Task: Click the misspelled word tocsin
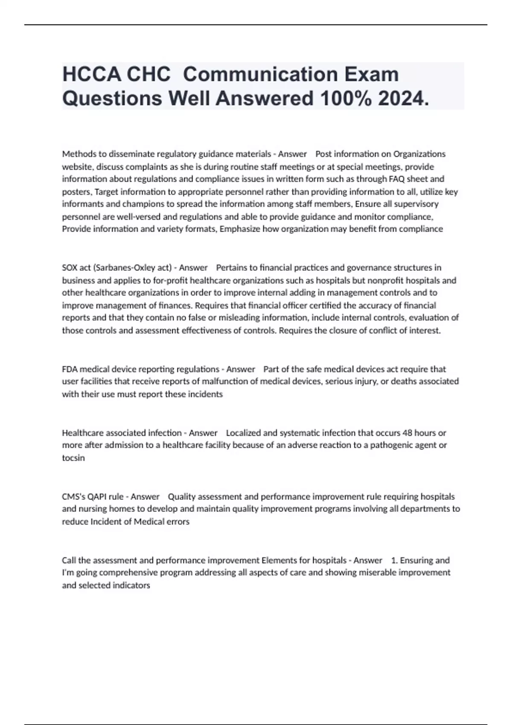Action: coord(73,458)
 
